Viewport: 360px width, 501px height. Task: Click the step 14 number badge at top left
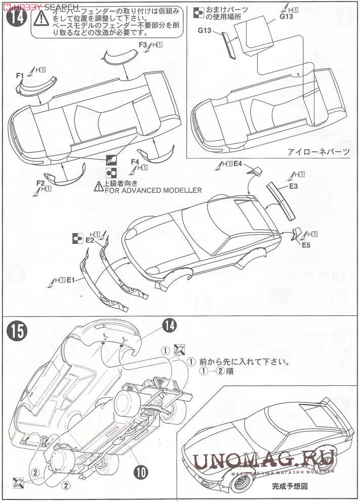(x=16, y=20)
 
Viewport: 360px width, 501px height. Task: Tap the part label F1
(x=20, y=75)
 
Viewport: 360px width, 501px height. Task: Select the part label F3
(x=142, y=45)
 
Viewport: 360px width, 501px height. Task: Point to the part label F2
(x=41, y=183)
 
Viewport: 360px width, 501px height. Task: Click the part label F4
(x=135, y=161)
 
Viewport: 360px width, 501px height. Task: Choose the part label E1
(x=71, y=279)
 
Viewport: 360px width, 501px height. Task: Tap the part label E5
(x=305, y=246)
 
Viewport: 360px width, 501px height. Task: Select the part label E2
(x=90, y=240)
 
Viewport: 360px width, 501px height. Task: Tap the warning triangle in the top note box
(x=39, y=20)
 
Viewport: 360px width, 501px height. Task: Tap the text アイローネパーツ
(x=318, y=151)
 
